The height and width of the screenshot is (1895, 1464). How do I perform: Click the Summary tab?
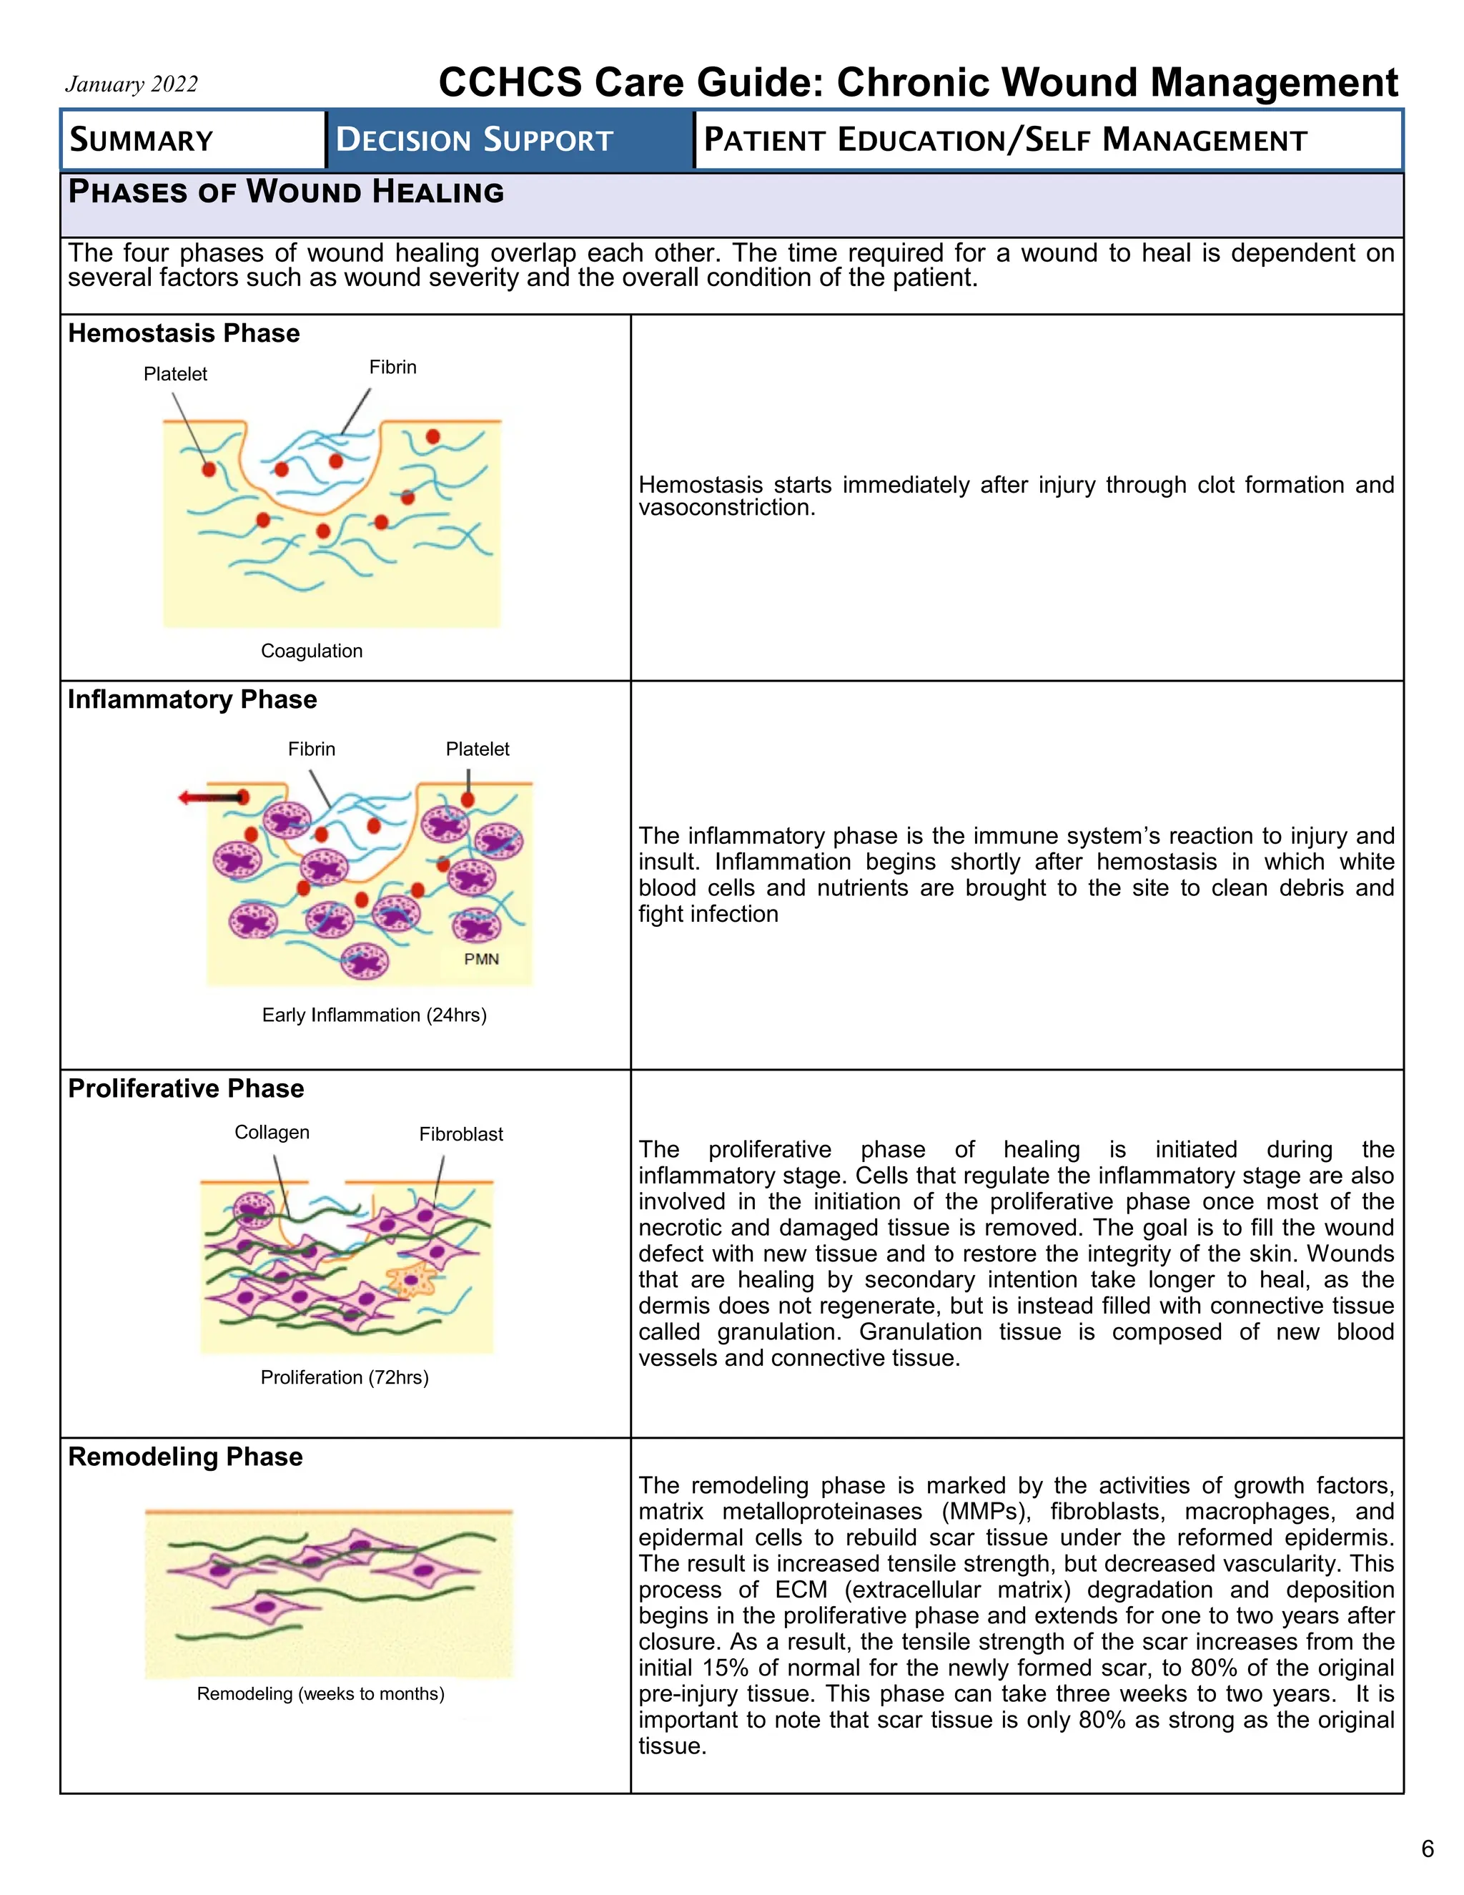coord(142,139)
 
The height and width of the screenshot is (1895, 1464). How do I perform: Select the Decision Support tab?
coord(475,139)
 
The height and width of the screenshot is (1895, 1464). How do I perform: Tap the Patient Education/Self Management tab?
coord(1004,139)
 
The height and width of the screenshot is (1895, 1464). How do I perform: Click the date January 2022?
coord(131,84)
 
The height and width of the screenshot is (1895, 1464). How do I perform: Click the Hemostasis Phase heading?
coord(184,333)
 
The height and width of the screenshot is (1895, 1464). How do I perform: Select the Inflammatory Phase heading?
coord(192,699)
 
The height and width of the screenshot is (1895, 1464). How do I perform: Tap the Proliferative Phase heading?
coord(187,1088)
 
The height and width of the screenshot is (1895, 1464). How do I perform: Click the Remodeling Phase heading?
coord(186,1456)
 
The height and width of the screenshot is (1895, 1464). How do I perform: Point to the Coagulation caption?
coord(312,651)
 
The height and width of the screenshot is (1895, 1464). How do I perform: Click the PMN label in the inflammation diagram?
coord(481,959)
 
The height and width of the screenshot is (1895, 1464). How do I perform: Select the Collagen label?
coord(272,1132)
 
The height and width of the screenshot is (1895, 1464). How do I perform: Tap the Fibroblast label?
coord(460,1134)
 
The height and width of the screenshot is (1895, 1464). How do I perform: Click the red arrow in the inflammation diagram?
coord(208,797)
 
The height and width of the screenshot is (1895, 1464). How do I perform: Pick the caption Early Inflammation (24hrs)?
coord(374,1015)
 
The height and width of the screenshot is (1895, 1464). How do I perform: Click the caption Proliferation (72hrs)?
coord(345,1377)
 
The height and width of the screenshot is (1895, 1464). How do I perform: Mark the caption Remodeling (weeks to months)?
coord(320,1693)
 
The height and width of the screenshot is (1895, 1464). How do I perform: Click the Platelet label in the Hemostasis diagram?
coord(175,374)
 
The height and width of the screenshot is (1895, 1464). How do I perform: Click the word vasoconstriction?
coord(726,508)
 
